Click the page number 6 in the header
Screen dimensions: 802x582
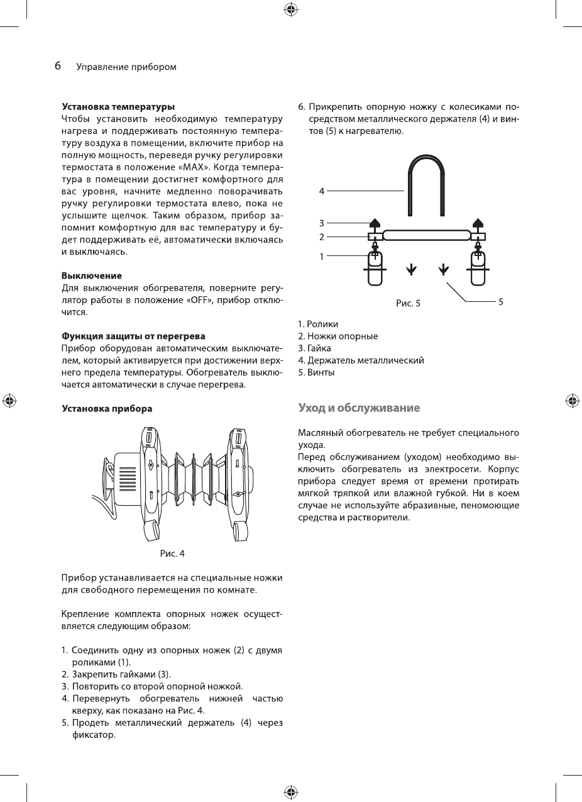coord(57,66)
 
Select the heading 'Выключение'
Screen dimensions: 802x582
coord(91,276)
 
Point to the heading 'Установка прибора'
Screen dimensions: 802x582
coord(106,409)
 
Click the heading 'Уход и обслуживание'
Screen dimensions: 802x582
coord(359,408)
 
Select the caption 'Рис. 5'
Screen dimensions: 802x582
coord(408,303)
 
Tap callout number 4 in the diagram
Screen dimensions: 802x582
coord(322,189)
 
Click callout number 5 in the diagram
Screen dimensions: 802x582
coord(500,302)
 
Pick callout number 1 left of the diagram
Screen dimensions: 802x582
coord(322,256)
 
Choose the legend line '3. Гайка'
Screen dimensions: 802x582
coord(314,348)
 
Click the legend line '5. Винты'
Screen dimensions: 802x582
coord(316,372)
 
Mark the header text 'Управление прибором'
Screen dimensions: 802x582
coord(126,67)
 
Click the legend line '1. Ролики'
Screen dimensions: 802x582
coord(318,325)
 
